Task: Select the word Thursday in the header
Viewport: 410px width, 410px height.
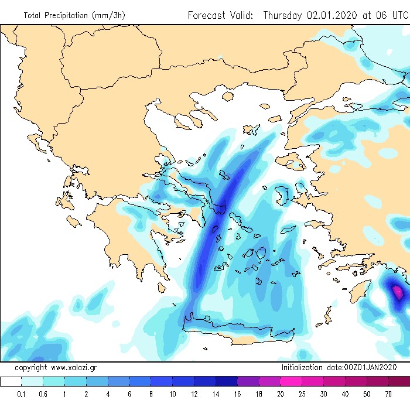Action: [283, 15]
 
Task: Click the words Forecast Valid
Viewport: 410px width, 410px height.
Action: [220, 15]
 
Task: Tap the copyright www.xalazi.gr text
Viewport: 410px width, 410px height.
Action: [56, 368]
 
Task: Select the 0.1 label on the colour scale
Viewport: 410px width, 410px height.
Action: [22, 394]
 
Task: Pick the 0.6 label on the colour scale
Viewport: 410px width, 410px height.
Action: [43, 394]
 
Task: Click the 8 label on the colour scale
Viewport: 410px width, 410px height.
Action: [151, 394]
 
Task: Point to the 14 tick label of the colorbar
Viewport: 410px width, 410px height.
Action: [216, 394]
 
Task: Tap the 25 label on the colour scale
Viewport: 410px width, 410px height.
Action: [302, 394]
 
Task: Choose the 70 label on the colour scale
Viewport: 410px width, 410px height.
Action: [388, 394]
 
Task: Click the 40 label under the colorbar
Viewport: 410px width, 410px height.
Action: [345, 394]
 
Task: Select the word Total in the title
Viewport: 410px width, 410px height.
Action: [33, 16]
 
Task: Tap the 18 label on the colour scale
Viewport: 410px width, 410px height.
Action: [259, 394]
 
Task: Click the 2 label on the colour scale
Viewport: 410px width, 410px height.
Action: [86, 394]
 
